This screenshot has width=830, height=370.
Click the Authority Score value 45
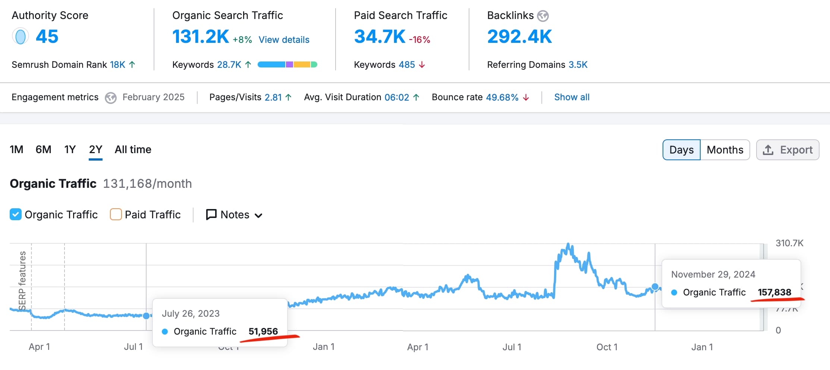pyautogui.click(x=47, y=37)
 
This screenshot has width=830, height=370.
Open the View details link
pyautogui.click(x=284, y=40)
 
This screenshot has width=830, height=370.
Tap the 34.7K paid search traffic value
pyautogui.click(x=380, y=37)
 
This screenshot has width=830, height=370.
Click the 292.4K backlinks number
pyautogui.click(x=519, y=37)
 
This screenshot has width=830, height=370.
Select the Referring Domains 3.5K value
pyautogui.click(x=578, y=65)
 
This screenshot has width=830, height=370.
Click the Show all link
pyautogui.click(x=572, y=97)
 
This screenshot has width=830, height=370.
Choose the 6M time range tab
pyautogui.click(x=43, y=149)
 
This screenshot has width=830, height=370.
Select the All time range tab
pyautogui.click(x=133, y=149)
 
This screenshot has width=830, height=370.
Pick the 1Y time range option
pyautogui.click(x=70, y=149)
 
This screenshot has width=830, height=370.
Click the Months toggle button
pyautogui.click(x=725, y=150)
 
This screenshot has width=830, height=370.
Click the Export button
pyautogui.click(x=787, y=150)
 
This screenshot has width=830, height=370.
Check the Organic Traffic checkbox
pyautogui.click(x=16, y=215)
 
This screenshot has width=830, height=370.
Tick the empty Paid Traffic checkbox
pyautogui.click(x=116, y=215)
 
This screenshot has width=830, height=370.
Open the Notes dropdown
pyautogui.click(x=235, y=215)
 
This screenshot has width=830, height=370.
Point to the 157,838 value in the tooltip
pyautogui.click(x=774, y=292)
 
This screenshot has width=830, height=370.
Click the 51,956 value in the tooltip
pyautogui.click(x=263, y=331)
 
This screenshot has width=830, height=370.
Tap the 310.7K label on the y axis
pyautogui.click(x=789, y=243)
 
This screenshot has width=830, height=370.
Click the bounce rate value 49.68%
pyautogui.click(x=502, y=97)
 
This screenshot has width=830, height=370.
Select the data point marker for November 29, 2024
pyautogui.click(x=655, y=287)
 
